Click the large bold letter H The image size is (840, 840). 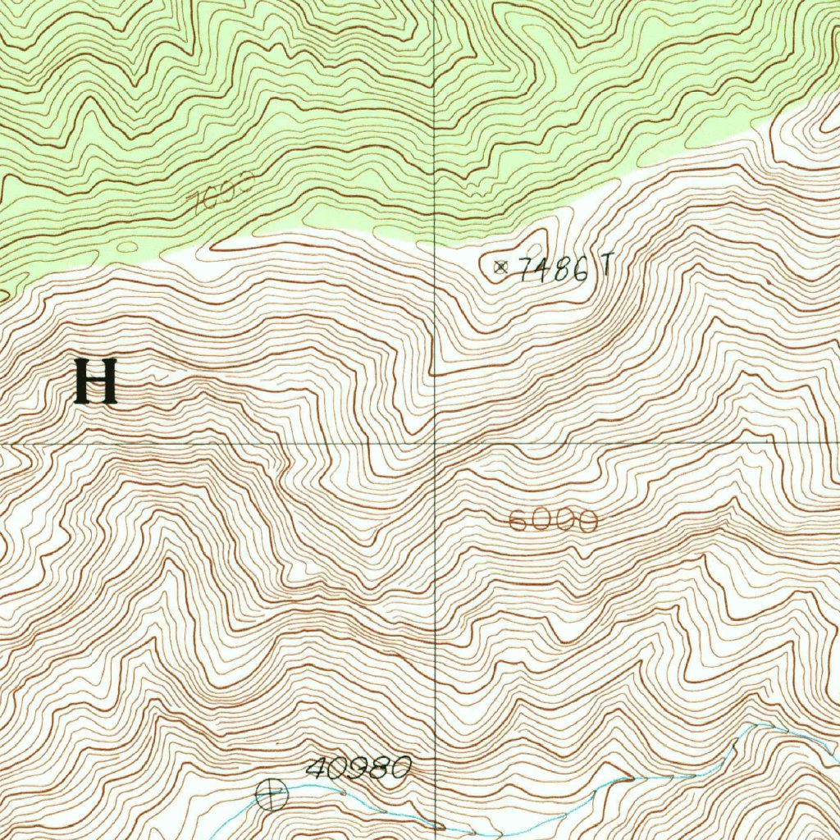coord(96,382)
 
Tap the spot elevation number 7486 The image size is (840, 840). coord(555,268)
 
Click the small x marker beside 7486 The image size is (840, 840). coord(501,266)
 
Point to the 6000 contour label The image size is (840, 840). coord(552,521)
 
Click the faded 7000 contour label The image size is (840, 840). coord(221,192)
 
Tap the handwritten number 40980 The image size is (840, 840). coord(358,769)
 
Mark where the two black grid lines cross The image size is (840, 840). coord(435,444)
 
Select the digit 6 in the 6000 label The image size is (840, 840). coord(518,521)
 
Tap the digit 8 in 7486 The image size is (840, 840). coord(563,269)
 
